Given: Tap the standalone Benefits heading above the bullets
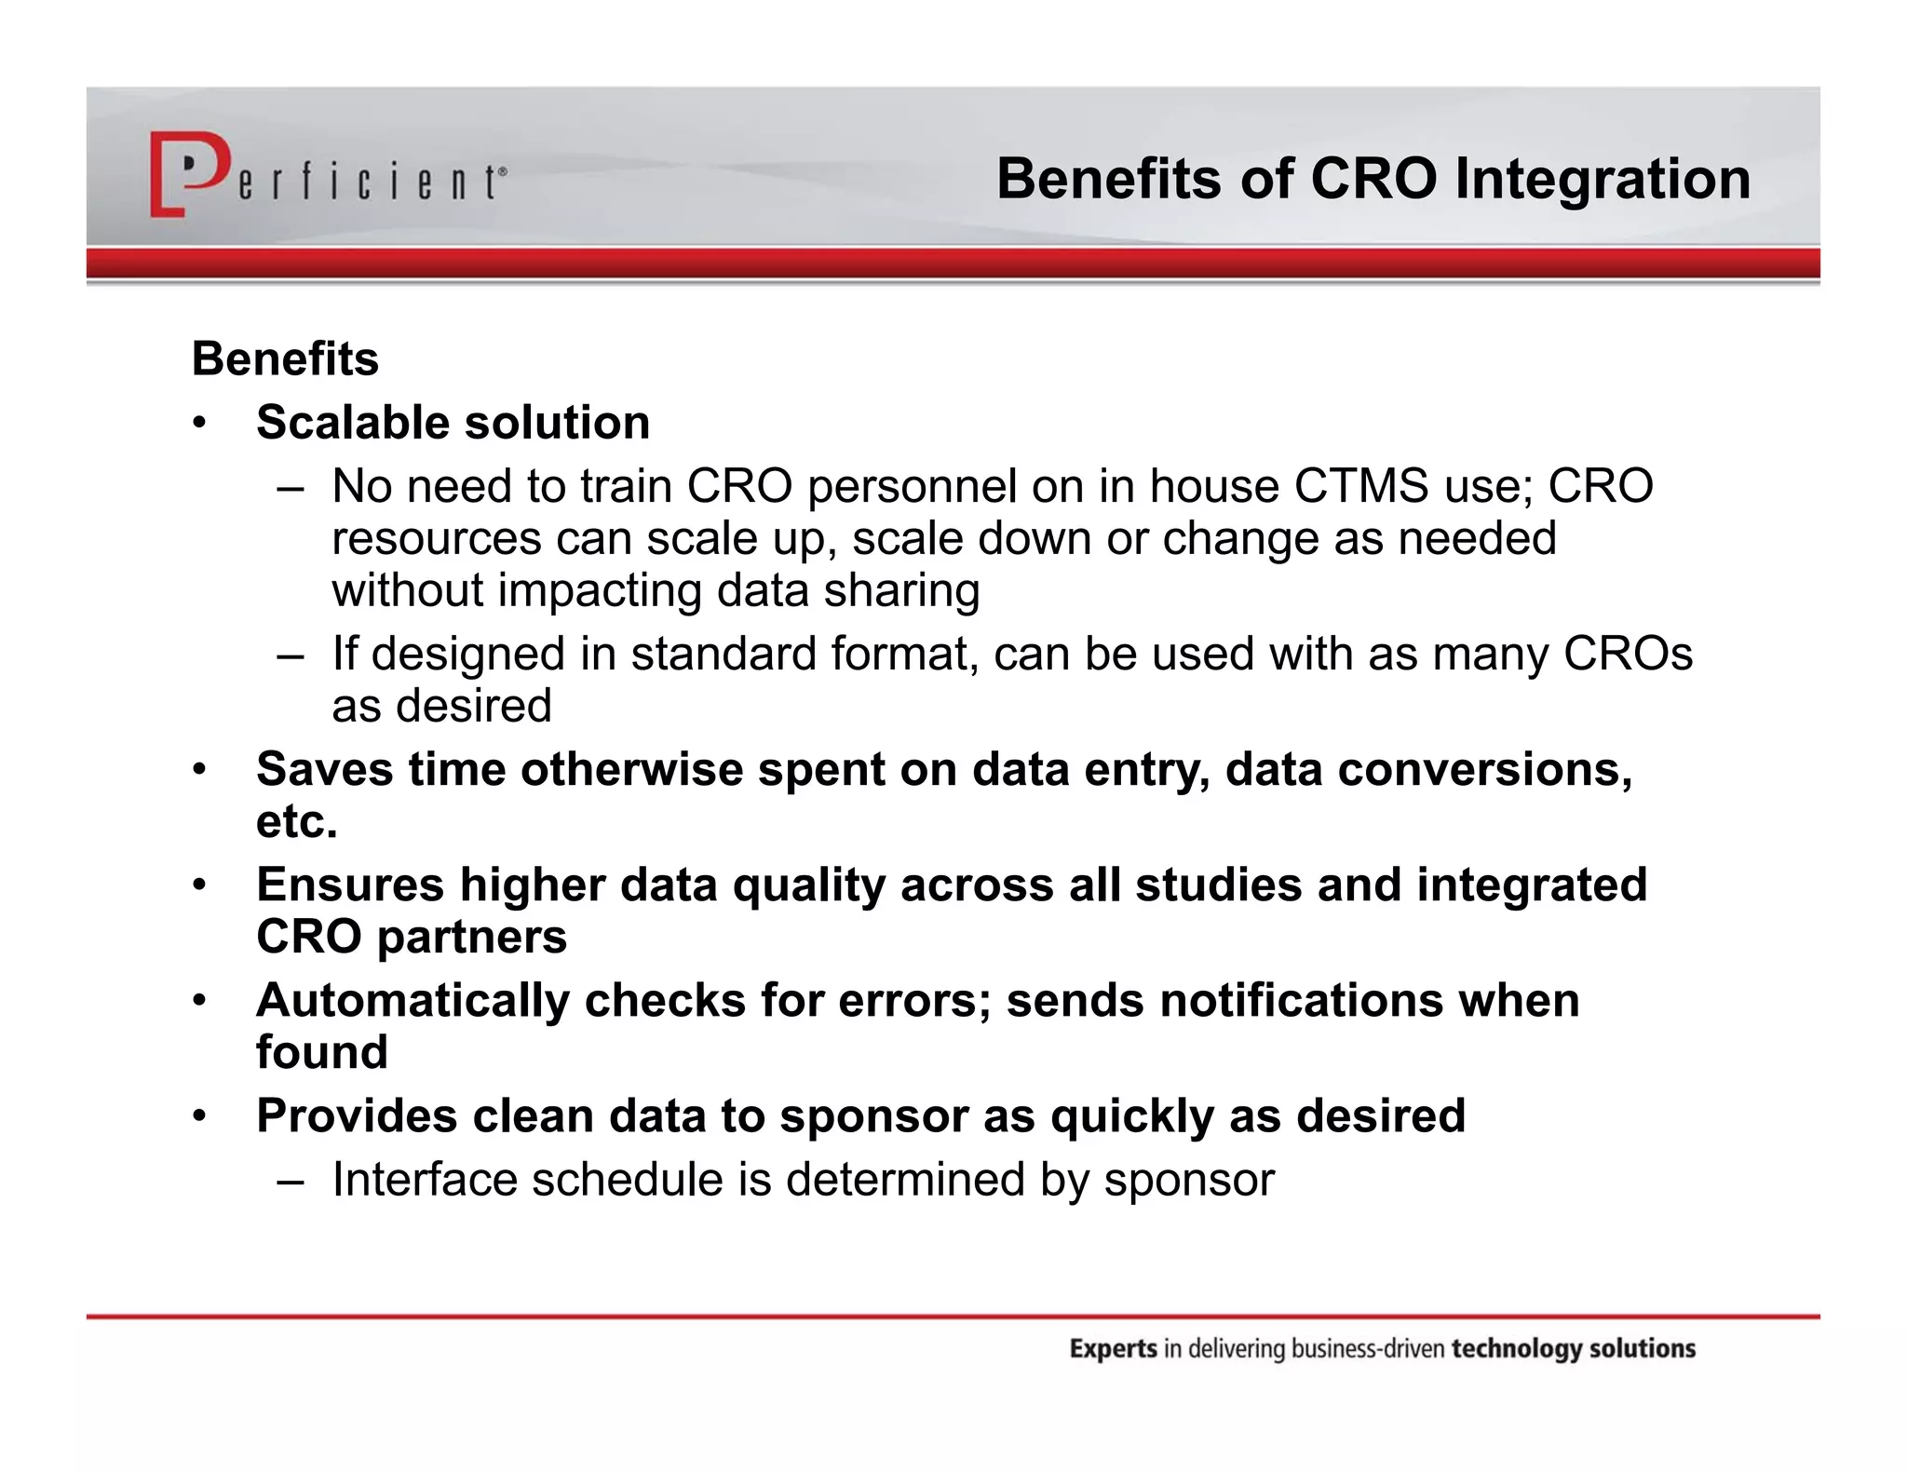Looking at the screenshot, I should tap(285, 359).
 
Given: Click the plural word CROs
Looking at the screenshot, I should tap(1628, 654).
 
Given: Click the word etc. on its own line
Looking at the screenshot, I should tap(296, 821).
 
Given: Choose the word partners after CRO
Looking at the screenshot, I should tap(471, 937).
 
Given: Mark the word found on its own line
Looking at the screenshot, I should tap(321, 1052).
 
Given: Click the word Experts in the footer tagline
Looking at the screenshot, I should tap(1113, 1349).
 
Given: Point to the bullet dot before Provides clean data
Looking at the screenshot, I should tap(198, 1116).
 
